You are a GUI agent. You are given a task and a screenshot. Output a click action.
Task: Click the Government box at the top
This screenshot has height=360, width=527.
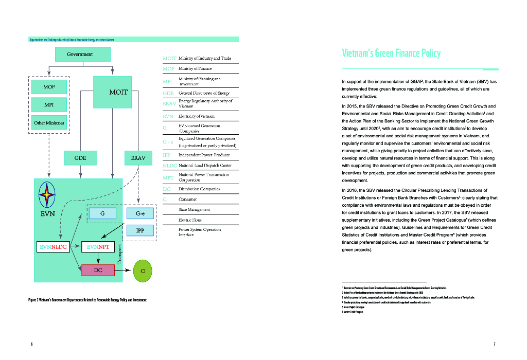tap(80, 55)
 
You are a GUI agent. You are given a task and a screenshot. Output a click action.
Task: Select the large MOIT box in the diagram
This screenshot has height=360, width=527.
tap(118, 92)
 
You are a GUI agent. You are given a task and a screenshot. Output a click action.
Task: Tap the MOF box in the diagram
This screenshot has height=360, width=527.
tap(49, 87)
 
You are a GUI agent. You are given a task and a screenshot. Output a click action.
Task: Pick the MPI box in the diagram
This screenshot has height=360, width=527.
tap(49, 105)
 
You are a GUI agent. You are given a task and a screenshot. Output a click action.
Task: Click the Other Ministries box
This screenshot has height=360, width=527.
tap(49, 123)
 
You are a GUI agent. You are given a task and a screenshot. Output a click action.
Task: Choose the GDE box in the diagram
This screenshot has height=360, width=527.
tap(80, 158)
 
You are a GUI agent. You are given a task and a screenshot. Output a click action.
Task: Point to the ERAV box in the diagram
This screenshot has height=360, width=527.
tap(138, 158)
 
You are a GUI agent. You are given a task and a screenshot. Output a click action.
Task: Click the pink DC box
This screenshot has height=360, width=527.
tap(98, 270)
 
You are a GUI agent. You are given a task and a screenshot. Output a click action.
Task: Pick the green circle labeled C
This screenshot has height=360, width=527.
tap(143, 271)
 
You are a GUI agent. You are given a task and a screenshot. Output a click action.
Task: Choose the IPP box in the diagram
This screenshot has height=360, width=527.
tap(140, 230)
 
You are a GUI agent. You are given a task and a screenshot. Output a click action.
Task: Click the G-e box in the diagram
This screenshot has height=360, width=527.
tap(140, 213)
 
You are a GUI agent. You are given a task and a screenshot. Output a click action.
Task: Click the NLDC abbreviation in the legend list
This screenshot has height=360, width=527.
tap(169, 166)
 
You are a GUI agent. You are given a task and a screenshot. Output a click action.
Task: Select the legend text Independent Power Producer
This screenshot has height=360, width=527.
tap(204, 155)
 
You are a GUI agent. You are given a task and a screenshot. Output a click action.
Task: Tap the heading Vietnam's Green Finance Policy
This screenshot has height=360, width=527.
tap(391, 53)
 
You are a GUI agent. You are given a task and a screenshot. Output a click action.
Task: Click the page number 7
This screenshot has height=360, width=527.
tap(494, 344)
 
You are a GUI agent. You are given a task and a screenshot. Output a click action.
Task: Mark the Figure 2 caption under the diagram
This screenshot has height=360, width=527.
tap(87, 300)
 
